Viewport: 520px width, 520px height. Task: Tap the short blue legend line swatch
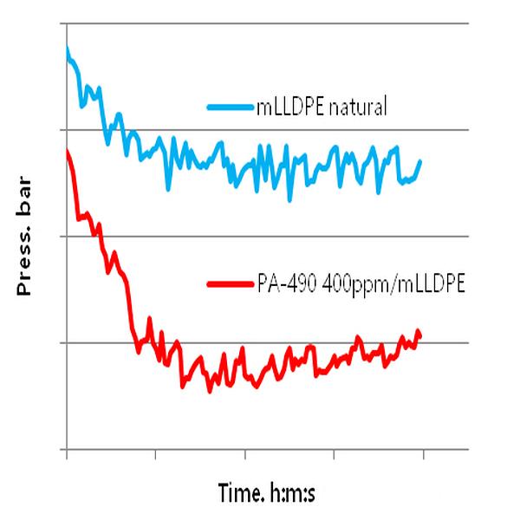coord(231,108)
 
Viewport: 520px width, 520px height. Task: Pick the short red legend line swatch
coord(231,283)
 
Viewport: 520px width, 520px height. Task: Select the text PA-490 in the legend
coord(286,283)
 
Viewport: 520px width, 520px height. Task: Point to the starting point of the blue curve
coord(67,49)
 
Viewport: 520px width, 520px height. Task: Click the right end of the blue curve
coord(420,161)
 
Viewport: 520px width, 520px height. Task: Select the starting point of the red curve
coord(67,151)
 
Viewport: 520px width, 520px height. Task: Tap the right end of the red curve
coord(420,333)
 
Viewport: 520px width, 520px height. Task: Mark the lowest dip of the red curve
coord(210,392)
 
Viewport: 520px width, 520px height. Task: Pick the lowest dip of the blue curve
coord(289,200)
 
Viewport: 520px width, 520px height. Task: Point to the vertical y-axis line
coord(67,260)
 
